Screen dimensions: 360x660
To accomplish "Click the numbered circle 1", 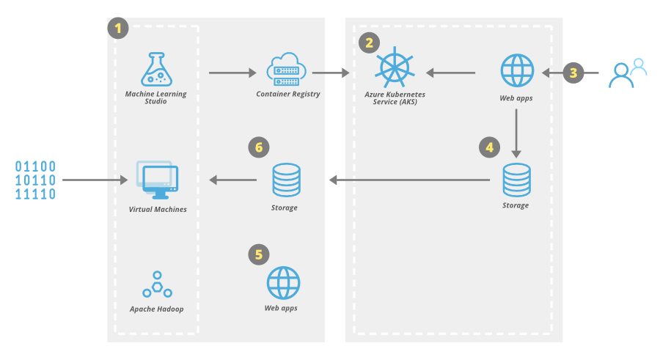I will coord(118,29).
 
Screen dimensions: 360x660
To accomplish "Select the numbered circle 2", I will coord(370,43).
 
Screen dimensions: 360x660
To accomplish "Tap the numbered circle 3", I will coord(573,73).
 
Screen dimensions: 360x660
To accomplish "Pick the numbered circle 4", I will coord(490,147).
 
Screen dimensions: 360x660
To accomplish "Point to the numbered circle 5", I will coord(258,254).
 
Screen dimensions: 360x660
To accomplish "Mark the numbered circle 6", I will coord(258,147).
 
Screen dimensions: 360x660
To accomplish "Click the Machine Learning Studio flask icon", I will coord(156,69).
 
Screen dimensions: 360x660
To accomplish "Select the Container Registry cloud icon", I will coord(287,69).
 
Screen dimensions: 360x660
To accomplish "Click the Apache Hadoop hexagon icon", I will coord(157,284).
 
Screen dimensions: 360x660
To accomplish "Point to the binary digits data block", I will coord(36,180).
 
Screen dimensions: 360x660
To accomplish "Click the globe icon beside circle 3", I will coord(518,71).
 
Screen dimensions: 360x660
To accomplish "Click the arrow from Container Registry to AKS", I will coord(331,73).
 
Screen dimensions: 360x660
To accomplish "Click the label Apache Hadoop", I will coord(157,309).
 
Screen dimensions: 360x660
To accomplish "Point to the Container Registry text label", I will coord(288,94).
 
